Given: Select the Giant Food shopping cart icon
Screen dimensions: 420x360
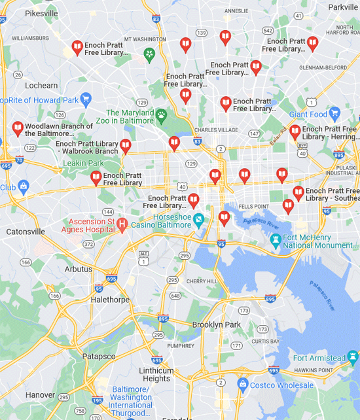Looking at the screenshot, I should pos(334,114).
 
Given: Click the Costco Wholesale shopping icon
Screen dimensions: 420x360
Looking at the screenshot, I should pos(243,384).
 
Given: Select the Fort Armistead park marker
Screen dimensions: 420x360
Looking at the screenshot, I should pos(353,358).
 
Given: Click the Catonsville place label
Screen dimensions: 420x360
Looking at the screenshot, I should pos(26,232).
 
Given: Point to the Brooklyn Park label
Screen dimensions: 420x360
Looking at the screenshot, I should pos(217,324).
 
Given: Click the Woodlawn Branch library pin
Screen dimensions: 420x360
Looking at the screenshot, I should pos(18,128).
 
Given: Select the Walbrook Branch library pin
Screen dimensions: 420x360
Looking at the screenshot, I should pos(126,146).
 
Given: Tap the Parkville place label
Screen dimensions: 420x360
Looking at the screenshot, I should pos(342,7).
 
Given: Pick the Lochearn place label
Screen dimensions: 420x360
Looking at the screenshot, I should pos(41,85).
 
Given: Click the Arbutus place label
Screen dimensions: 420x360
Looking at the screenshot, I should pos(78,269).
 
